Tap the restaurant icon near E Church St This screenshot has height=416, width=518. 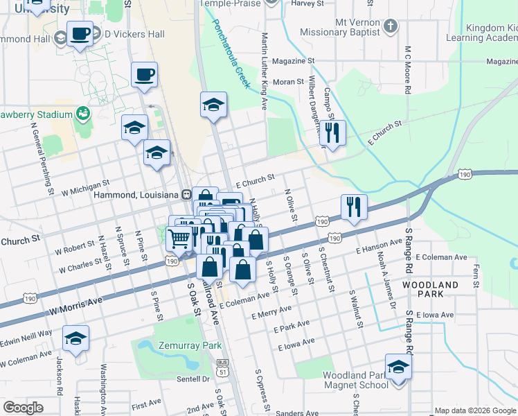pyautogui.click(x=333, y=132)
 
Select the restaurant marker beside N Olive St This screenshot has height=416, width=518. pyautogui.click(x=353, y=206)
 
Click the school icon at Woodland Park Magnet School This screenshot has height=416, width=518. pyautogui.click(x=398, y=366)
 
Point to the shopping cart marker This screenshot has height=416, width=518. pyautogui.click(x=179, y=239)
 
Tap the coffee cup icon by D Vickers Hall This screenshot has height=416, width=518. pyautogui.click(x=80, y=33)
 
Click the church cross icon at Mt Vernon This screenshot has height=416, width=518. pyautogui.click(x=390, y=27)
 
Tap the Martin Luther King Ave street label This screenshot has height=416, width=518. pyautogui.click(x=264, y=69)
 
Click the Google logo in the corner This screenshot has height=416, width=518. pyautogui.click(x=24, y=408)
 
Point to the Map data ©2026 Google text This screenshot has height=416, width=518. pyautogui.click(x=474, y=410)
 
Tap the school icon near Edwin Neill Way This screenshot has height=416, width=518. pyautogui.click(x=75, y=338)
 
